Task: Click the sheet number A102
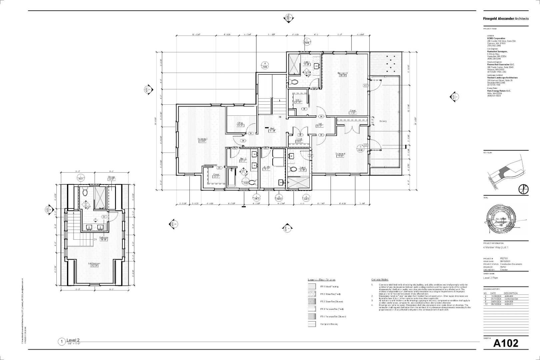click(x=506, y=343)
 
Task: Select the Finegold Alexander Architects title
click(x=506, y=19)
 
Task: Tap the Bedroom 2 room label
click(x=202, y=140)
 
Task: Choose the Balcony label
click(x=383, y=121)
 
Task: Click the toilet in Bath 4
click(x=293, y=169)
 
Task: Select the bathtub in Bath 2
click(x=231, y=177)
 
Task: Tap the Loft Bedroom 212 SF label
click(x=94, y=264)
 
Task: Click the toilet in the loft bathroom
click(x=85, y=192)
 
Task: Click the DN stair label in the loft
click(x=95, y=239)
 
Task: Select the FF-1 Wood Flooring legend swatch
click(x=312, y=286)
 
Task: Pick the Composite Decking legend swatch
click(x=312, y=324)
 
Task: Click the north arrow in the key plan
click(x=523, y=189)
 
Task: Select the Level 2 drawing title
click(x=73, y=340)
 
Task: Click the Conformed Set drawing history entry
click(x=511, y=299)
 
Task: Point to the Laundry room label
click(x=266, y=168)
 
